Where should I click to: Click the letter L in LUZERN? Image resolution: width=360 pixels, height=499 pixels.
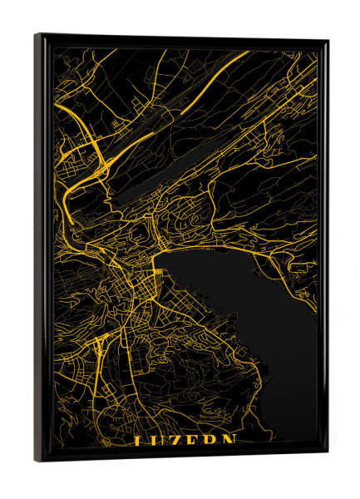[x=140, y=441]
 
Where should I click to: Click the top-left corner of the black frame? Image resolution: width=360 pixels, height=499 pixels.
[x=36, y=35]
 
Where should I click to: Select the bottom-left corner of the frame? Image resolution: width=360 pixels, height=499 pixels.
[x=35, y=461]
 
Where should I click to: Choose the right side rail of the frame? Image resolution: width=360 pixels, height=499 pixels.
[x=323, y=249]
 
